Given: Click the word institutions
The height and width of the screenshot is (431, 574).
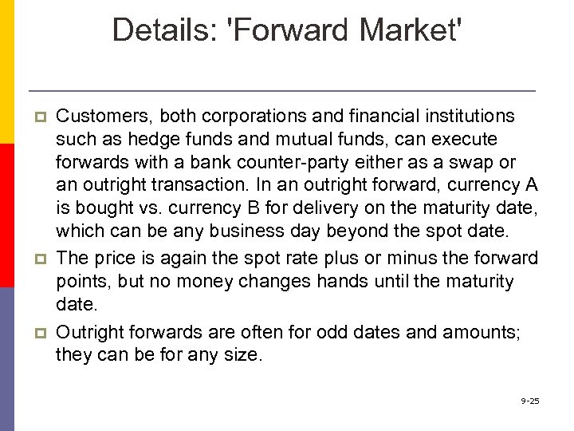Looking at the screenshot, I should click(466, 117).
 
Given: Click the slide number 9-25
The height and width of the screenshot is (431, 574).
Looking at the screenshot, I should click(530, 400).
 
